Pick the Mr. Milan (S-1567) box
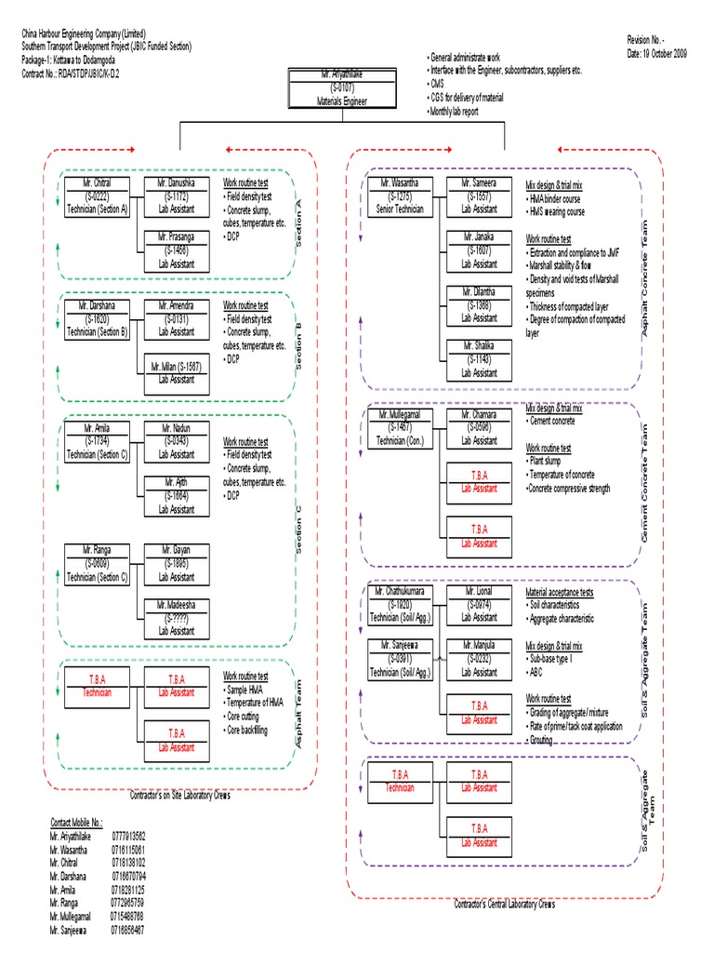tap(176, 372)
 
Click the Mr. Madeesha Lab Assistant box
tap(176, 618)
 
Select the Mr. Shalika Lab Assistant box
tap(479, 358)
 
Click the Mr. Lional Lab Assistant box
tap(479, 603)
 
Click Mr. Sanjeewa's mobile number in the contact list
tap(129, 929)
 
